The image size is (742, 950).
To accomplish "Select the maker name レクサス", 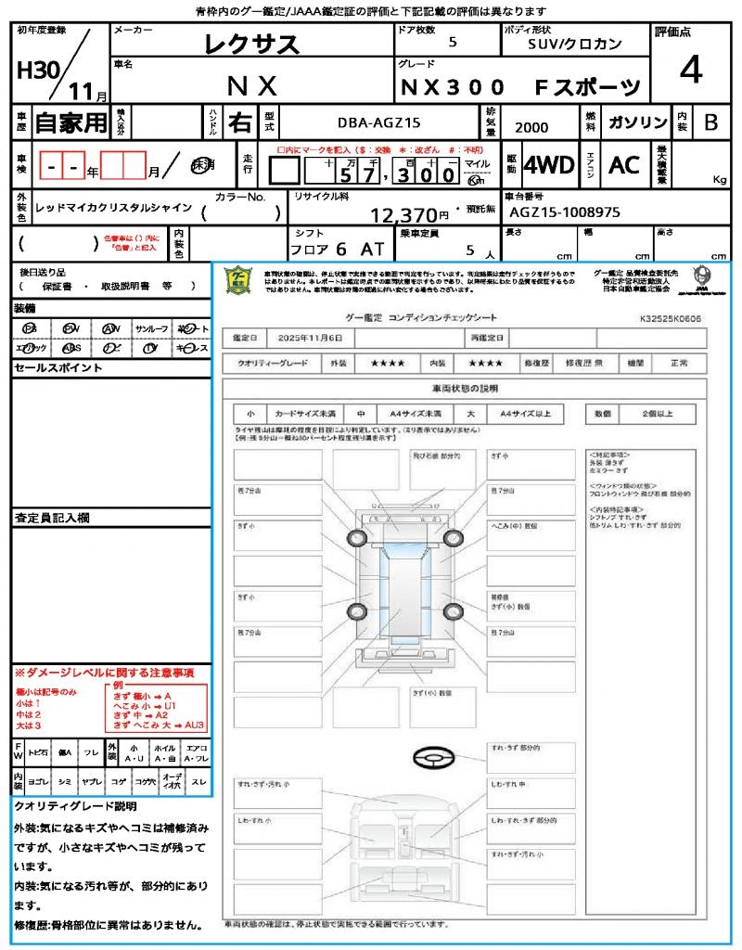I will click(251, 44).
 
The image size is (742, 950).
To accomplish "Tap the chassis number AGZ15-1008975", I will click(565, 212).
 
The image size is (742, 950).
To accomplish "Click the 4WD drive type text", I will click(548, 165).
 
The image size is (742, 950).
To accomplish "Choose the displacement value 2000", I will click(531, 128).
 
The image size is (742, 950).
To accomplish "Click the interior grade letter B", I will click(710, 122).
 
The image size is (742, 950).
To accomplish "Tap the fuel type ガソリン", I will click(637, 122).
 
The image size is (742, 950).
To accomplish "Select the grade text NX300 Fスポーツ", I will click(519, 86).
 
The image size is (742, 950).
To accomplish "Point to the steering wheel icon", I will click(433, 759).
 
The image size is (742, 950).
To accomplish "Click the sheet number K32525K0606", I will click(670, 318).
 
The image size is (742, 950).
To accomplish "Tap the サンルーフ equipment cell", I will click(151, 328).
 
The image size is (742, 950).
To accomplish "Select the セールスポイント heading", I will click(49, 368).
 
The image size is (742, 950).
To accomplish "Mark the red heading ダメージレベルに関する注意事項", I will click(107, 672).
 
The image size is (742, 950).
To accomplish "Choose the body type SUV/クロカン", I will click(575, 44).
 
